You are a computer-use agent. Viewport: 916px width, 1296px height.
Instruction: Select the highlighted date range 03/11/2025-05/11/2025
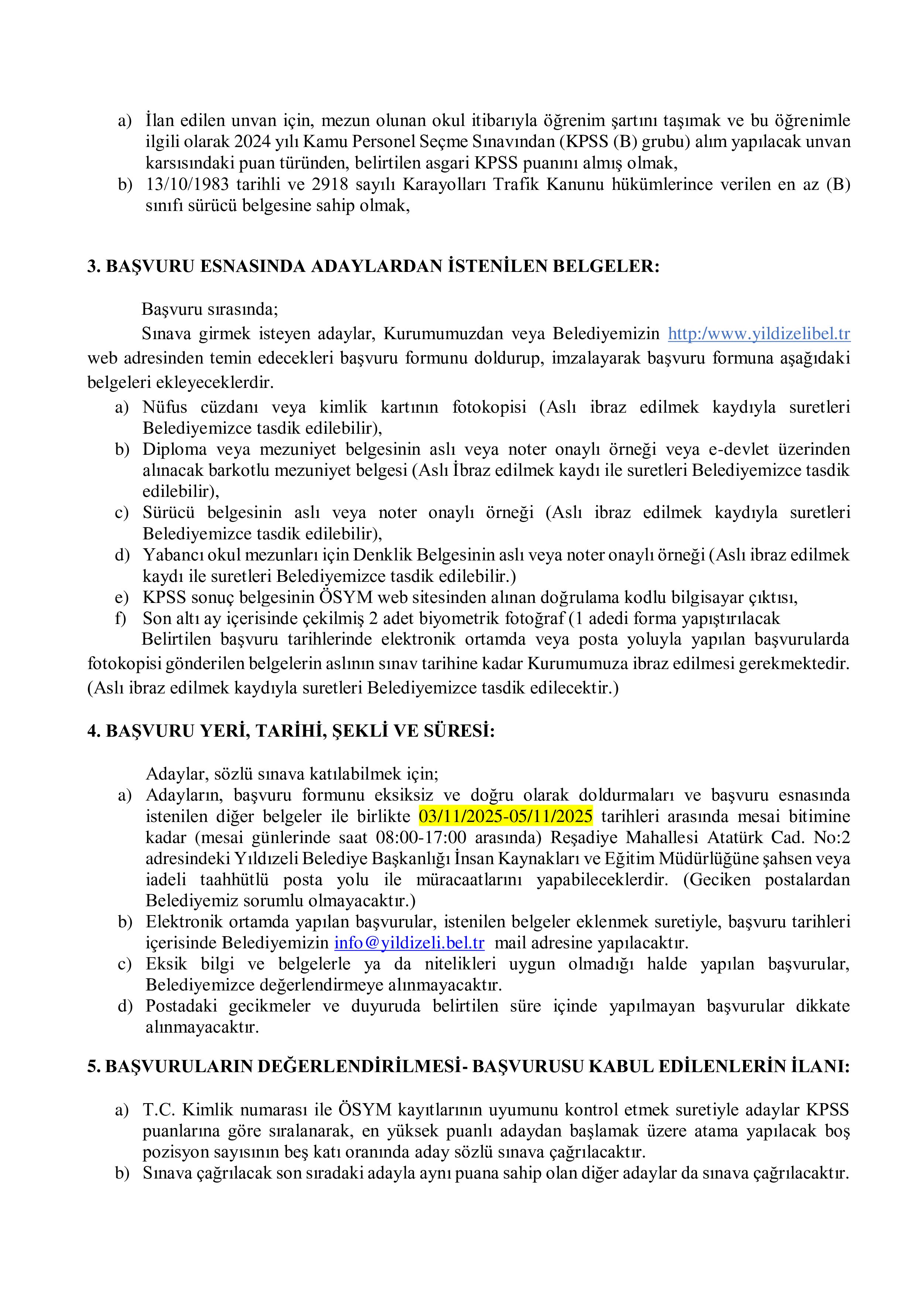506,816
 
